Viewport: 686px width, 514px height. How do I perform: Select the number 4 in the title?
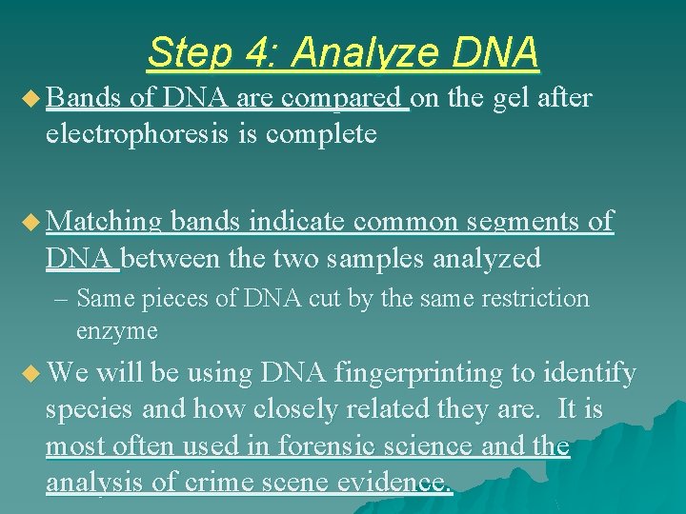tap(252, 52)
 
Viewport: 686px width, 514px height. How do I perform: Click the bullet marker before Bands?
tap(31, 98)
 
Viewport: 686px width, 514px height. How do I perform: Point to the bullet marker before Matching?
tap(31, 223)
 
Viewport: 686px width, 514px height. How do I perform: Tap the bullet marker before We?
tap(31, 373)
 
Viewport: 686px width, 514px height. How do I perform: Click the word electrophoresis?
tap(153, 134)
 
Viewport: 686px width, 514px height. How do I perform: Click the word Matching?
tap(104, 223)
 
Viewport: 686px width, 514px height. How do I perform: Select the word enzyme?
tap(116, 331)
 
